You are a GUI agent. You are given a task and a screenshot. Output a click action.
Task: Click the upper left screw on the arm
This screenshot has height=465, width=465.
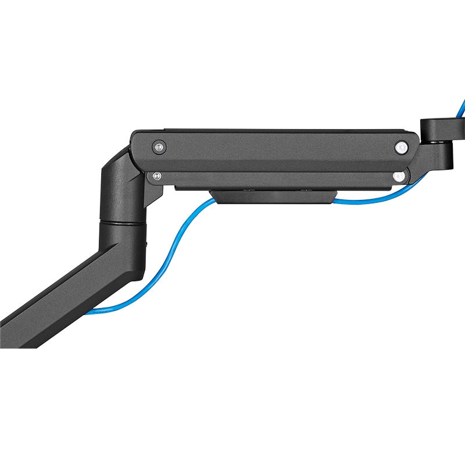[x=158, y=147]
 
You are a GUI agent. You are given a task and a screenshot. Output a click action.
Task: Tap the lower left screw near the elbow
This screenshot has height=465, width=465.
[x=155, y=174]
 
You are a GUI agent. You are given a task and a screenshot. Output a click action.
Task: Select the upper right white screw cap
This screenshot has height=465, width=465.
[x=400, y=148]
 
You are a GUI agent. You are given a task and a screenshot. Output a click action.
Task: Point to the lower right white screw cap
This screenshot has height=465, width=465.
[x=398, y=175]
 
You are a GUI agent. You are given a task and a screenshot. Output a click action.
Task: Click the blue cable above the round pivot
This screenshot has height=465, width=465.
[x=460, y=108]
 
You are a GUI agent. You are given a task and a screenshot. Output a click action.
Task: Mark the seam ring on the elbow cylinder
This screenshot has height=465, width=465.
[x=122, y=220]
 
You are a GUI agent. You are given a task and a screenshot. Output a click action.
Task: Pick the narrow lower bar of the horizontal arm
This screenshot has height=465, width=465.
[x=279, y=178]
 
